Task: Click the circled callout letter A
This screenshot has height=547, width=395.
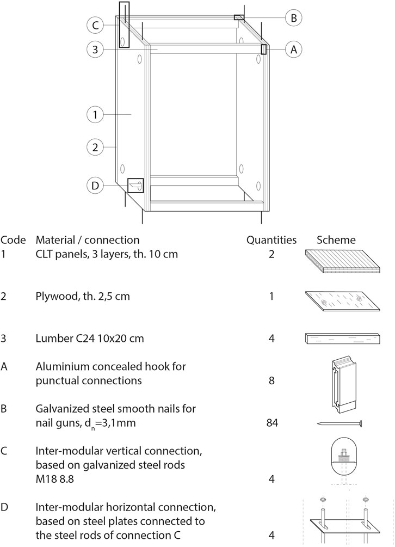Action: (x=293, y=49)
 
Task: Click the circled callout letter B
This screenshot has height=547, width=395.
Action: (x=293, y=18)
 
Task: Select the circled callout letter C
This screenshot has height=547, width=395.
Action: (x=95, y=25)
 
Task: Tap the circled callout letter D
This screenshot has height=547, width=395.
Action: (x=95, y=186)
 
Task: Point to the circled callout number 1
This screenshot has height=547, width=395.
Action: (x=95, y=114)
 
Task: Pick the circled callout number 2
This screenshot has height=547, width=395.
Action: (x=95, y=147)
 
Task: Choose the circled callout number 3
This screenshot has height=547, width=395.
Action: (x=95, y=50)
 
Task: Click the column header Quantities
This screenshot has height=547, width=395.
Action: (x=271, y=240)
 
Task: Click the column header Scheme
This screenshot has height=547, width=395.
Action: (x=336, y=240)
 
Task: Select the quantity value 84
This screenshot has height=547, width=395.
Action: (x=270, y=422)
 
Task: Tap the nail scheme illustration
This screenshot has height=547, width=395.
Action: (x=339, y=423)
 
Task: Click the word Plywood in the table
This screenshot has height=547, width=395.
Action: (x=53, y=297)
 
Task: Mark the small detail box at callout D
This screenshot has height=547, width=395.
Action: (x=135, y=186)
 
